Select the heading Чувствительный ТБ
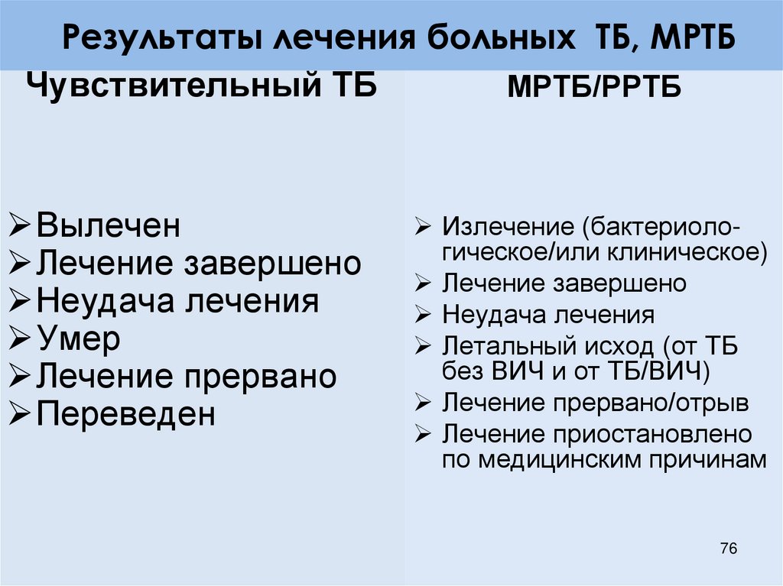pyautogui.click(x=202, y=84)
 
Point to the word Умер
pyautogui.click(x=78, y=339)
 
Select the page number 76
pyautogui.click(x=728, y=549)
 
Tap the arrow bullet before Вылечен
pyautogui.click(x=22, y=227)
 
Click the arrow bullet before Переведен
pyautogui.click(x=22, y=416)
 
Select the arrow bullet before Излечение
pyautogui.click(x=424, y=228)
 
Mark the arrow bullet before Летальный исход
pyautogui.click(x=424, y=347)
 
